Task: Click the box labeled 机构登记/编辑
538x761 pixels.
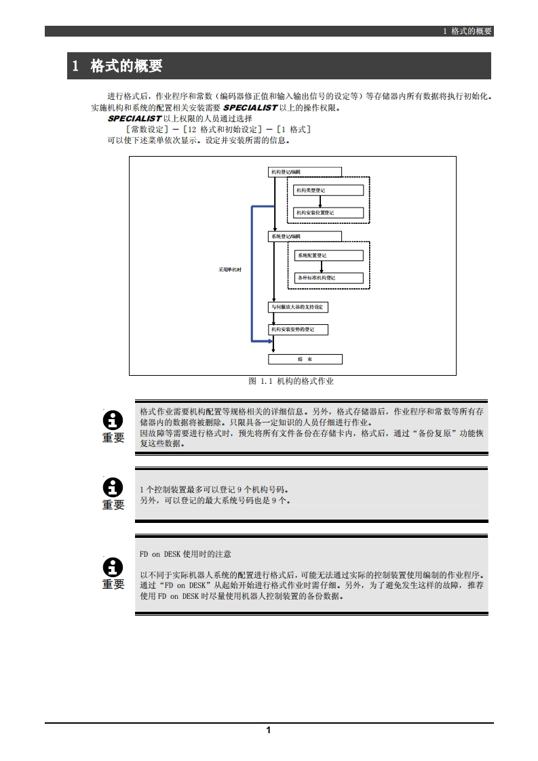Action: (x=305, y=172)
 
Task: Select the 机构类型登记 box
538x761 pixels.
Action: (x=328, y=191)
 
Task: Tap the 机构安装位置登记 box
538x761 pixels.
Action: (x=328, y=213)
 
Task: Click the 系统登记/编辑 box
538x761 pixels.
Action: (x=305, y=236)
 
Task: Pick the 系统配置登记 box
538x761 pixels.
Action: (x=328, y=256)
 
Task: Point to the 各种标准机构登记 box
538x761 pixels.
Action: (x=328, y=278)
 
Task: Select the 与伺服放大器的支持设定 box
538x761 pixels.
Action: (x=299, y=307)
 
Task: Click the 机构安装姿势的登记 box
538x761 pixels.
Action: (x=299, y=330)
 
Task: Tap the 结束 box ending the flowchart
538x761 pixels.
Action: (x=305, y=359)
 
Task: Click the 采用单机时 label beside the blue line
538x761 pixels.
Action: (x=230, y=269)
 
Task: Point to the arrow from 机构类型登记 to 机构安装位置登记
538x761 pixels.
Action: (x=320, y=201)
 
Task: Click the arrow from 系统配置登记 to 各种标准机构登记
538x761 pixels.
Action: (x=320, y=267)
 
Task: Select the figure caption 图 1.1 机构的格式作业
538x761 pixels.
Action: (x=292, y=382)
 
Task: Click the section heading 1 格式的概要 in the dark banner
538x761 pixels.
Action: (x=117, y=66)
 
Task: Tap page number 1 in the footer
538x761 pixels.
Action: (x=269, y=730)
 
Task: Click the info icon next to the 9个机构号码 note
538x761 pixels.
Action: (x=113, y=487)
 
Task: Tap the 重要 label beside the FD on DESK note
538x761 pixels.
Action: (x=113, y=584)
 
